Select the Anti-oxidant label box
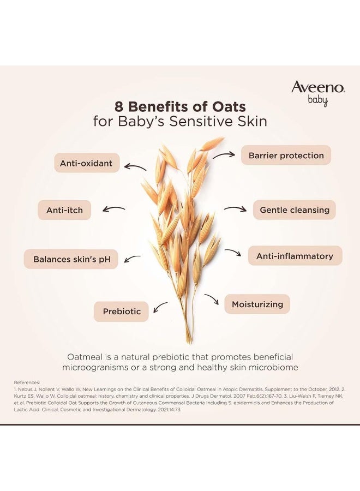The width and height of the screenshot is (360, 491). [x=86, y=163]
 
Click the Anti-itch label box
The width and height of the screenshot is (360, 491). [x=64, y=209]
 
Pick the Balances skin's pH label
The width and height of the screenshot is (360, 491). [x=71, y=259]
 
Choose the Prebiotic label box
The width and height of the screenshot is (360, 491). [x=122, y=312]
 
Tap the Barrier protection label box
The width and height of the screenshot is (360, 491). [x=286, y=155]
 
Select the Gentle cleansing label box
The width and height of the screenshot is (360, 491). [x=294, y=209]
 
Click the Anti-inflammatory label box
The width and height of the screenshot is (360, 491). [x=295, y=256]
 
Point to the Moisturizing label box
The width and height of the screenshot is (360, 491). [x=256, y=304]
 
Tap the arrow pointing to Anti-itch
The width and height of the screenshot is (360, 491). [x=114, y=208]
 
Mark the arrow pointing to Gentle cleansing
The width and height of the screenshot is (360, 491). [x=235, y=208]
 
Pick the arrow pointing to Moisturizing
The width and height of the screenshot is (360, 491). [x=212, y=298]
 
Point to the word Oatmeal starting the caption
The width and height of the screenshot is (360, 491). [x=87, y=356]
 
